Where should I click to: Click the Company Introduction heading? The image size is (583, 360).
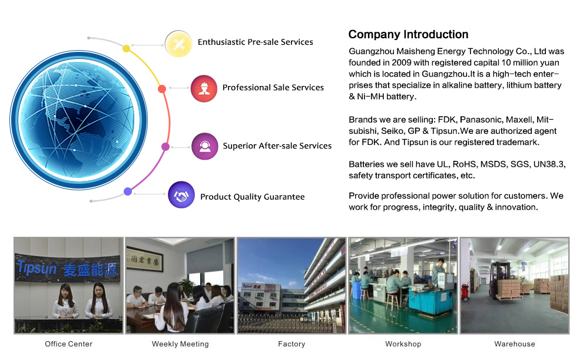(408, 35)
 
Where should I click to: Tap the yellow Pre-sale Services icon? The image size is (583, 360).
(178, 44)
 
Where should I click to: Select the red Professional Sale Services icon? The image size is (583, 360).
(204, 88)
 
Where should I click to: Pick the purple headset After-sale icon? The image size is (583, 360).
(204, 146)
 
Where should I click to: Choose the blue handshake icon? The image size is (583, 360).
(181, 195)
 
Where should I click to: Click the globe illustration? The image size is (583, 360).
(78, 120)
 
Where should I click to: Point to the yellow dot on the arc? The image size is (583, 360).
(127, 49)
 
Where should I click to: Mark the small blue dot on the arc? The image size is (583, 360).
(128, 191)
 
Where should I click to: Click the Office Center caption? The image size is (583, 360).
(68, 344)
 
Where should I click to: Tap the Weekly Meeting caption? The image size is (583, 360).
(180, 344)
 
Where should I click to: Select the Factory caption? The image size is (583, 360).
(291, 344)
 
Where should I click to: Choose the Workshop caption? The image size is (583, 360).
(403, 344)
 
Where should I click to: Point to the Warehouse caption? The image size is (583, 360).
(515, 344)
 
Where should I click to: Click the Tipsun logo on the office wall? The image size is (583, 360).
(37, 267)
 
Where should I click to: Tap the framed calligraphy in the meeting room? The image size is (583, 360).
(144, 259)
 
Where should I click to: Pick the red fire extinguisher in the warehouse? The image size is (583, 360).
(465, 292)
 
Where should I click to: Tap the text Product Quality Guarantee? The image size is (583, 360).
(253, 197)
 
